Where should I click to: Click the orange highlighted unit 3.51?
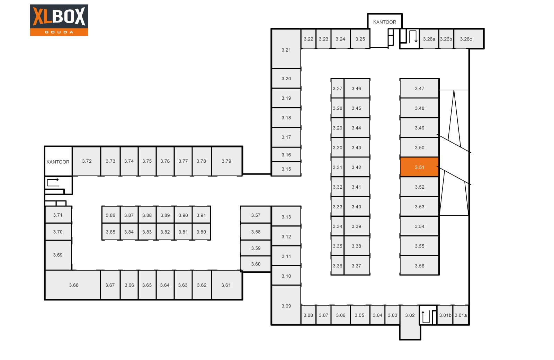pos(419,167)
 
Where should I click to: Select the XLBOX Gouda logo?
pos(59,20)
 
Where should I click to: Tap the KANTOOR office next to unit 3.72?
pos(58,162)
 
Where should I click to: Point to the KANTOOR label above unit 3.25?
pos(384,22)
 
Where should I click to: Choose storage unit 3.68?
pos(73,285)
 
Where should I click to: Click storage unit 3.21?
pos(286,49)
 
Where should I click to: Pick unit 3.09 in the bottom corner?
pos(286,306)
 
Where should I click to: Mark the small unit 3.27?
pos(337,88)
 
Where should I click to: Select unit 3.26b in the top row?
pos(446,39)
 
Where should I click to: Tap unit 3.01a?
pos(461,315)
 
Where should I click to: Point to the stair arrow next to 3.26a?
pos(412,36)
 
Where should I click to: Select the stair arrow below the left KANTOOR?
pos(53,182)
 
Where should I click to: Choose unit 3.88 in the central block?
pos(147,215)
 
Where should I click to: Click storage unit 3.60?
pos(256,264)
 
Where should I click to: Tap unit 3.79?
pos(226,161)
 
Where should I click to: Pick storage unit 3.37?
pos(356,265)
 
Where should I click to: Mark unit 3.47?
pos(419,88)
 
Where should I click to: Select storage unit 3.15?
pos(286,169)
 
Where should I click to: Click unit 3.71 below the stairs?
pos(58,215)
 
